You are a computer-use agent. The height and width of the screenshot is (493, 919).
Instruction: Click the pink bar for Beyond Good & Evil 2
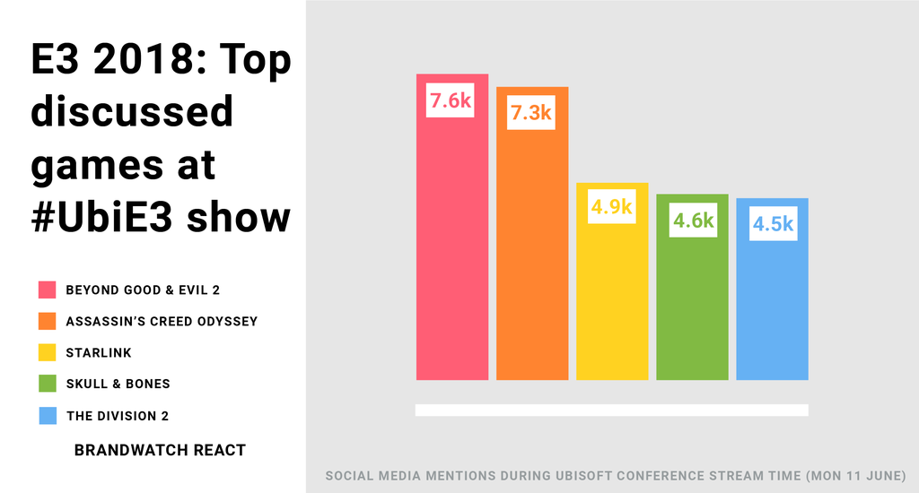pos(451,260)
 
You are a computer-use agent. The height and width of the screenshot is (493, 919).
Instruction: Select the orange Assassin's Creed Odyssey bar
pos(532,260)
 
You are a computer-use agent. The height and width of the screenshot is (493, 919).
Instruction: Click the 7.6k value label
pos(451,101)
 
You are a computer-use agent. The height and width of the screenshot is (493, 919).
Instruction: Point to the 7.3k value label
pos(531,114)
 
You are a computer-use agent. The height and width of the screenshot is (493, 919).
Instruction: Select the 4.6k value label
pos(693,221)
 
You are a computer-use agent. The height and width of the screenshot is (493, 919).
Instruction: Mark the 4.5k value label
pos(773,224)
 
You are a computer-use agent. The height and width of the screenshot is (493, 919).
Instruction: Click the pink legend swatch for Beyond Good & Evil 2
pos(48,290)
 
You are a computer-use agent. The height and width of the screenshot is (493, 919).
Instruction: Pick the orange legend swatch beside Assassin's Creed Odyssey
pos(48,321)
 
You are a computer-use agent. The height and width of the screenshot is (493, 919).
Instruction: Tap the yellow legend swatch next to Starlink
pos(48,352)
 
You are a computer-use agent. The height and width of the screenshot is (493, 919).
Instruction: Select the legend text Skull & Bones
pos(118,384)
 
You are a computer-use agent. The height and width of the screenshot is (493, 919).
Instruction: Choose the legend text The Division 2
pos(117,416)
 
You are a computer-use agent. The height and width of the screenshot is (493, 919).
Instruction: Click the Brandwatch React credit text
pos(160,450)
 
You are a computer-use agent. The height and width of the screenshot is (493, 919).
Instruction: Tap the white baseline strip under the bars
pos(611,410)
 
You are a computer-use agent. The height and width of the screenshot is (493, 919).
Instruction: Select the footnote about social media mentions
pos(616,474)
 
